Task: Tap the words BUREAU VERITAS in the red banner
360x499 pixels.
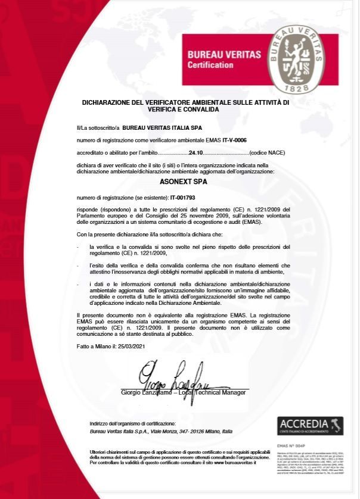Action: click(224, 54)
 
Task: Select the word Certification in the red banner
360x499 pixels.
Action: click(210, 64)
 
